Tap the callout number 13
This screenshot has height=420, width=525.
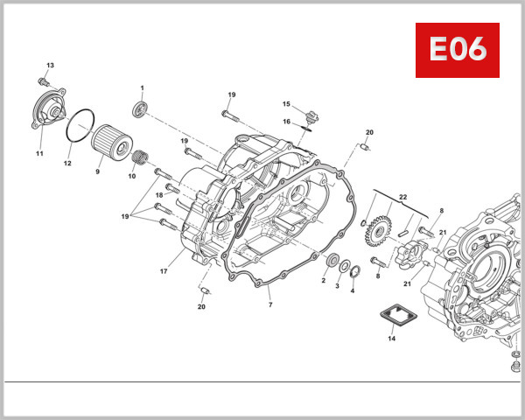[x=50, y=66]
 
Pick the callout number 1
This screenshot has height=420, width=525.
[x=142, y=88]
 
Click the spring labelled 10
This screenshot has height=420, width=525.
[x=136, y=159]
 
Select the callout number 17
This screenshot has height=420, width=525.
[x=164, y=272]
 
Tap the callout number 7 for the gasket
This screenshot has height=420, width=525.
[x=270, y=304]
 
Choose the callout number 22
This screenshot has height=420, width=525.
[x=403, y=196]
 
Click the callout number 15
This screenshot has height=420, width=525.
[x=286, y=104]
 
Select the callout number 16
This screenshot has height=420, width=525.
[x=286, y=122]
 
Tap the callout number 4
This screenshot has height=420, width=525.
[x=353, y=290]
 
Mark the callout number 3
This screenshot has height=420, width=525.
[x=338, y=286]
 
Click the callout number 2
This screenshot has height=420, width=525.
[x=323, y=280]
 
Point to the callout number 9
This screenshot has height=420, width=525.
[x=98, y=171]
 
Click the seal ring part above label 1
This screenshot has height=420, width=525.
[x=140, y=108]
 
